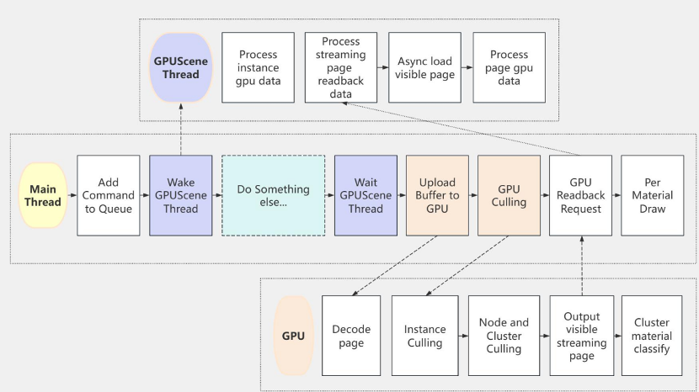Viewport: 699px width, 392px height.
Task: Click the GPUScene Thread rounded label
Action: pos(177,67)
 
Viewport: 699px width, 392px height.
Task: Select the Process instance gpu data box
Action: pos(258,67)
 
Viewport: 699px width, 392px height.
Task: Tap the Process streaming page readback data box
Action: pos(340,67)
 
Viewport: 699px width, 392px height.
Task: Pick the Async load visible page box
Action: pos(426,67)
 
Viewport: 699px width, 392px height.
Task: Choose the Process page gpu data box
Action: pos(509,67)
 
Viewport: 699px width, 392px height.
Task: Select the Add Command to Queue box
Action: pos(109,195)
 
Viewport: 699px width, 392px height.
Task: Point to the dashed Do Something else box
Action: pos(273,195)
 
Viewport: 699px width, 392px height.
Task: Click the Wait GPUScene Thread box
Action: pos(365,195)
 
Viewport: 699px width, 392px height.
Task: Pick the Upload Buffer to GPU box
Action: pos(436,195)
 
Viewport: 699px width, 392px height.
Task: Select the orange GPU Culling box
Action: pos(508,195)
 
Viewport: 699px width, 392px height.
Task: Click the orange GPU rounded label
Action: pos(293,336)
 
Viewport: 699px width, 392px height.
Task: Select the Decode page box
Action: pos(351,336)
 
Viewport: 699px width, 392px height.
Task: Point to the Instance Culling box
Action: pos(424,336)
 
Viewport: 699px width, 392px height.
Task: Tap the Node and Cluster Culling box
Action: pos(504,336)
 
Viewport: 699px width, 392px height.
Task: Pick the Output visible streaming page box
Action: pos(581,336)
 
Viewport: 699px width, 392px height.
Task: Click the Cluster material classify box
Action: pos(652,336)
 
